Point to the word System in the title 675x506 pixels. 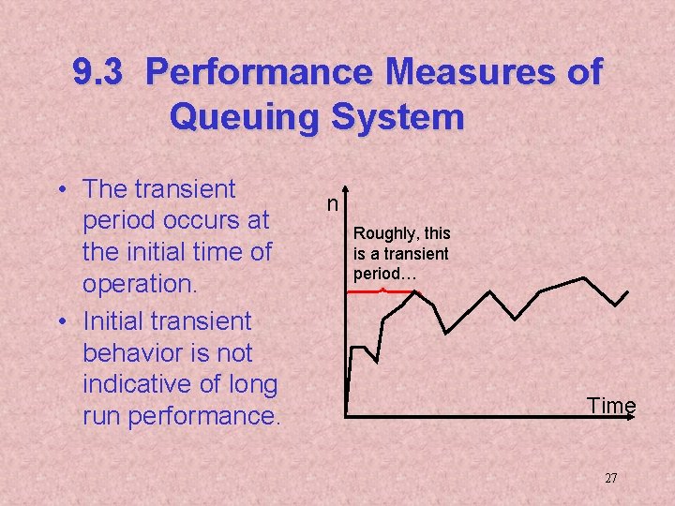[x=404, y=118]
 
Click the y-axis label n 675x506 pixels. [x=332, y=202]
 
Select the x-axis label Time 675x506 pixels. [x=611, y=406]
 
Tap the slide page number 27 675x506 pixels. [x=610, y=479]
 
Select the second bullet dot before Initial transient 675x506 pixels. [x=61, y=322]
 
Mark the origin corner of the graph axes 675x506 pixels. [x=346, y=414]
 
